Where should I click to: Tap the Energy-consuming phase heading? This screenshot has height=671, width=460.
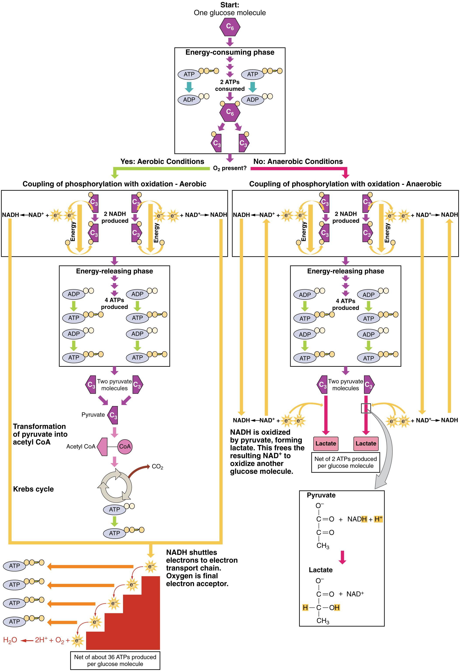[x=230, y=52]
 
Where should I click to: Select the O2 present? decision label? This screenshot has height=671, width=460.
[x=230, y=168]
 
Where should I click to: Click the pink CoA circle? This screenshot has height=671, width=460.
[x=125, y=446]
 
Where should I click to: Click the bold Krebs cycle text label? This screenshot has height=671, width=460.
[x=33, y=489]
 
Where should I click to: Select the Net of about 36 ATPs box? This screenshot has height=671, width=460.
[x=115, y=660]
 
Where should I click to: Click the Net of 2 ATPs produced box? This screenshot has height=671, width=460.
[x=345, y=462]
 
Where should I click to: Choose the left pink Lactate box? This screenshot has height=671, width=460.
[x=326, y=443]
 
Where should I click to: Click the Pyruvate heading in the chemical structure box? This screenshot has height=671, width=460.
[x=321, y=495]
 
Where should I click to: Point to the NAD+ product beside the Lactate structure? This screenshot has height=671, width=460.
[x=355, y=594]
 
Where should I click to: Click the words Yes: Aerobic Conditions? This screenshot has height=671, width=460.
[x=162, y=161]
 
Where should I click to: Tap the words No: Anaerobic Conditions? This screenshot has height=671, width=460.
[x=298, y=161]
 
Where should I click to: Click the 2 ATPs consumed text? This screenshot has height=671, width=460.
[x=230, y=85]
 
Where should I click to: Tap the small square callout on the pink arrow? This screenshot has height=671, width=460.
[x=366, y=408]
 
